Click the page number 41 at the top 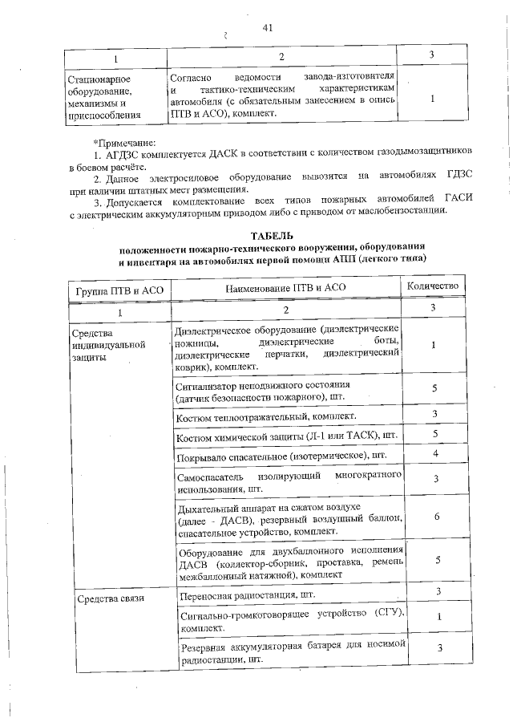click(268, 28)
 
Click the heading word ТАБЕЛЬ click(273, 236)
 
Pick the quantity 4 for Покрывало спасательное click(435, 454)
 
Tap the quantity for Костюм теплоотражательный click(435, 414)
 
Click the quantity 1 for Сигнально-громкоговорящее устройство click(435, 616)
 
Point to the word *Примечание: click(123, 143)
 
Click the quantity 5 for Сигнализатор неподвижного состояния click(435, 388)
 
